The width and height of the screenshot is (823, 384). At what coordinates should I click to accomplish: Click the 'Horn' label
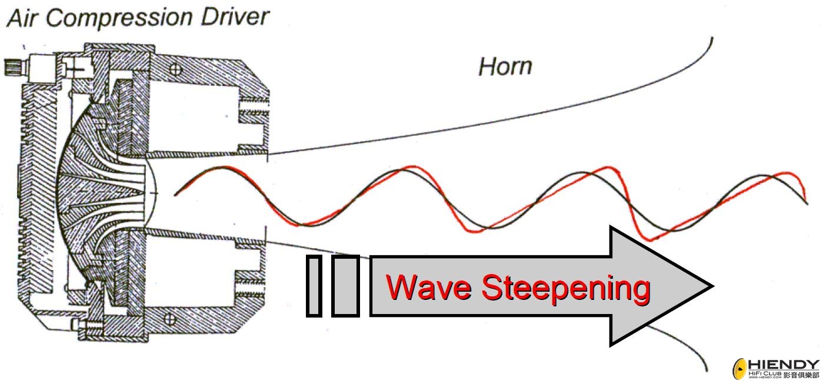[505, 66]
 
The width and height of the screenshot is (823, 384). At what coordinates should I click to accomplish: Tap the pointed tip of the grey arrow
[710, 286]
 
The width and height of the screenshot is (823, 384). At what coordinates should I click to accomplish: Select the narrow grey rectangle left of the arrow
[314, 286]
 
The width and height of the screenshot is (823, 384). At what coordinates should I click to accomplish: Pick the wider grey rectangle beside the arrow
[345, 286]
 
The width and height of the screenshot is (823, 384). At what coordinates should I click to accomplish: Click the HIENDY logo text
[784, 365]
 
